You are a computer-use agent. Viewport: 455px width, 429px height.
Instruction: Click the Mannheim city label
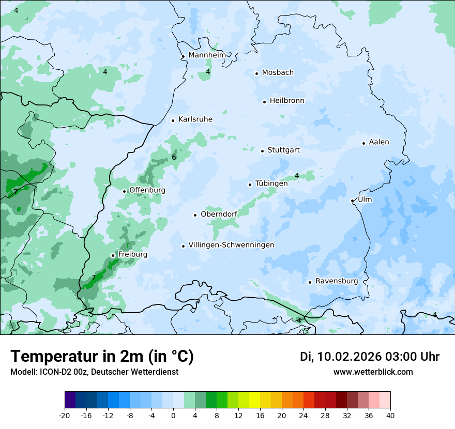point(207,55)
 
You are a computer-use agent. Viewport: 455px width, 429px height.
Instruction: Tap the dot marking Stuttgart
point(262,151)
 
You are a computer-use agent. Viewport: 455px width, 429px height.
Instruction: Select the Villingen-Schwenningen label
point(231,245)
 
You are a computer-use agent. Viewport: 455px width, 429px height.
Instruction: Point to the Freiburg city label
point(132,254)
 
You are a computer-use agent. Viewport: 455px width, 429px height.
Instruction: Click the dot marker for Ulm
point(352,201)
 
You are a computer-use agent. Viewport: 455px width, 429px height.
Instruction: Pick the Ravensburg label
point(336,281)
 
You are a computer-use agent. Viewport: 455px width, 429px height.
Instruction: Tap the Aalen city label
point(379,142)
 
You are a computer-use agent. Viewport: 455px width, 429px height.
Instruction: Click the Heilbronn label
point(287,101)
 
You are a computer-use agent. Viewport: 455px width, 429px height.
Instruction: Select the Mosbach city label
point(278,72)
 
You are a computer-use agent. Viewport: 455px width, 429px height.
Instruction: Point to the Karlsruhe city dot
point(173,120)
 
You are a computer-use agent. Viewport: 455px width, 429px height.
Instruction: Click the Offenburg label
point(147,190)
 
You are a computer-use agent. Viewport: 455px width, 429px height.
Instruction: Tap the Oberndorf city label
point(219,214)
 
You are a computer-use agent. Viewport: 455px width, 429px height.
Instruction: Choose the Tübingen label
point(271,183)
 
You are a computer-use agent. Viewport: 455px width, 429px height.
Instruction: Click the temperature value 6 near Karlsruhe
point(174,158)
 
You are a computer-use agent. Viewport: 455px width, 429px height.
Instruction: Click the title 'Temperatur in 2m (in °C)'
point(102,357)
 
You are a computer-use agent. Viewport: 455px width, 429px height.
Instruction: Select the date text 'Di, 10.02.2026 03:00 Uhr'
point(370,357)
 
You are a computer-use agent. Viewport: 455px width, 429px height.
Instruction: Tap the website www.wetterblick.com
point(373,372)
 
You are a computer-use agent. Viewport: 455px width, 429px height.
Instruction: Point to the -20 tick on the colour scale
point(65,415)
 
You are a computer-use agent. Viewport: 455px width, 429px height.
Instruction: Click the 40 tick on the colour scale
point(390,415)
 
